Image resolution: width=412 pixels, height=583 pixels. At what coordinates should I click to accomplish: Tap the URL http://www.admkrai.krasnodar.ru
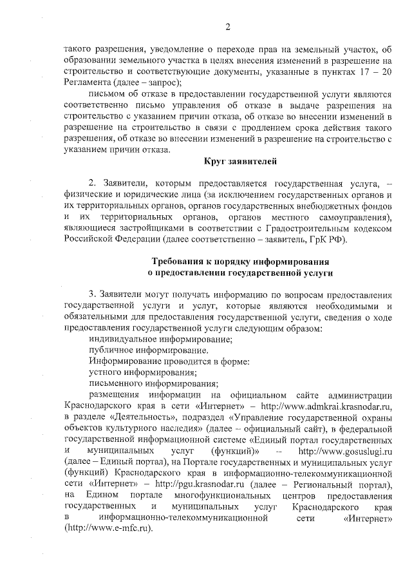pos(330,406)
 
